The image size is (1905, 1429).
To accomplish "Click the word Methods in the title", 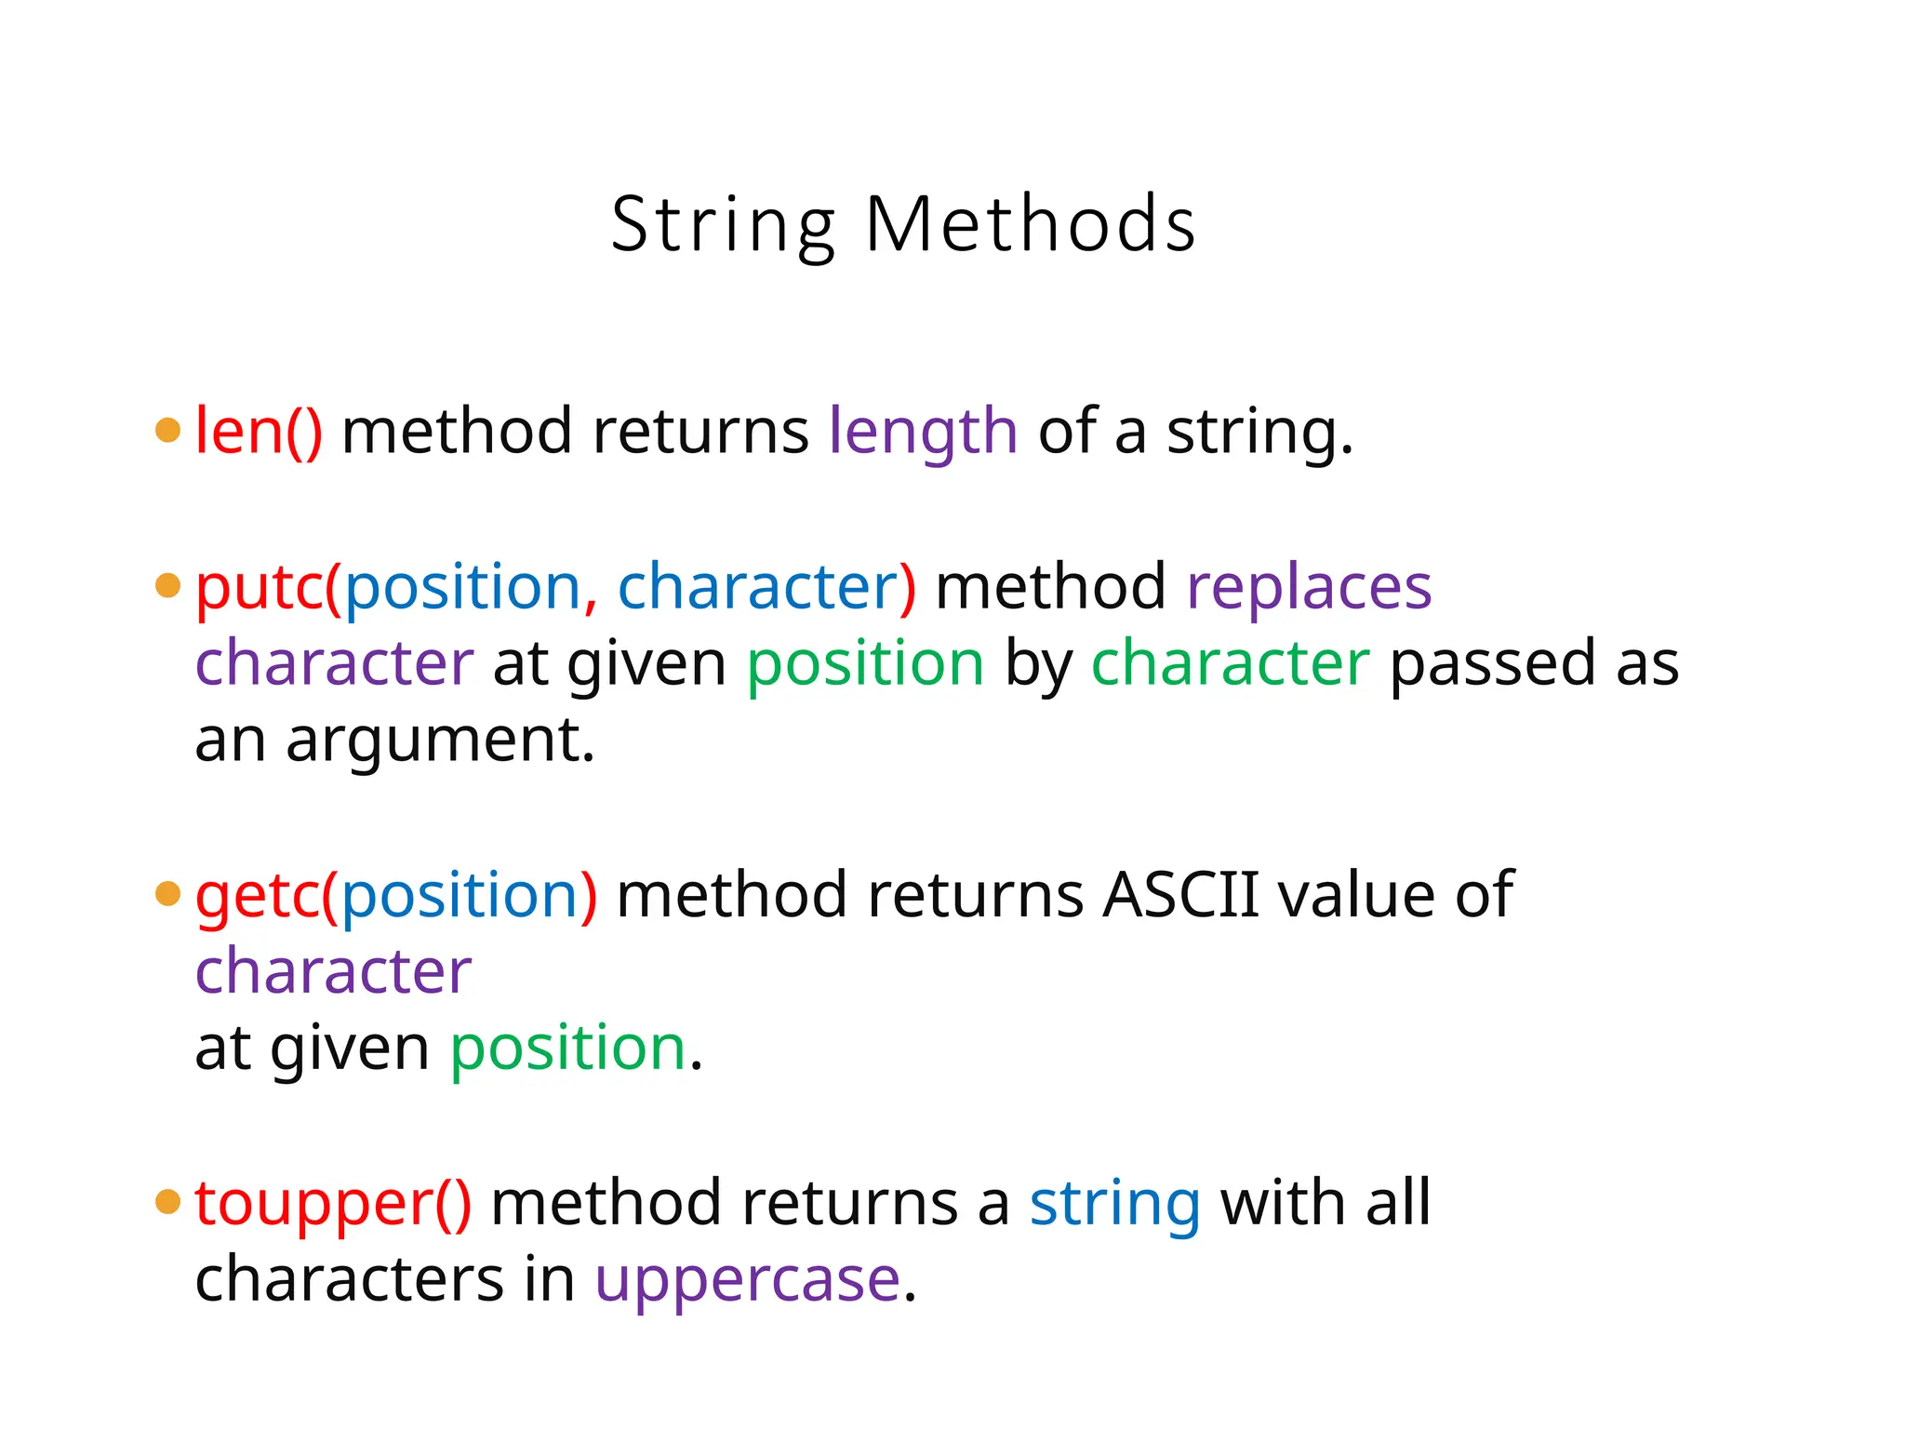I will tap(1030, 224).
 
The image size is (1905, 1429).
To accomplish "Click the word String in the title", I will tap(724, 226).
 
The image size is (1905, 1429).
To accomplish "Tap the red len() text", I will tap(259, 432).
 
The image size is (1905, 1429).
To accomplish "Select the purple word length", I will tap(923, 434).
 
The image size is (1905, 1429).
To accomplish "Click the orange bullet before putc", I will tap(167, 586).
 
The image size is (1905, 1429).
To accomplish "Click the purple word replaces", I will tap(1309, 588).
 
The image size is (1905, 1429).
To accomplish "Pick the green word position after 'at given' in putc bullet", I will tap(865, 664).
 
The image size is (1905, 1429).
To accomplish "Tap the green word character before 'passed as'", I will tap(1230, 663).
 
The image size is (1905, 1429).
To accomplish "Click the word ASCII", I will tap(1180, 895).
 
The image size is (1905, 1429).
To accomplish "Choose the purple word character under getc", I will tap(333, 971).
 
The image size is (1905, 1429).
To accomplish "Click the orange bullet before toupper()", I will tap(167, 1201).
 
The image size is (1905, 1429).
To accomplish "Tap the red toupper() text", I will tap(333, 1204).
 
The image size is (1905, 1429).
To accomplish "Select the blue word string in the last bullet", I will tap(1114, 1205).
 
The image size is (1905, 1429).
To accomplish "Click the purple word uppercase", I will tap(748, 1281).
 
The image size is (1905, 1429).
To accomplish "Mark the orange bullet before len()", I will tap(167, 430).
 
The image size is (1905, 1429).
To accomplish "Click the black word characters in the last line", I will tap(350, 1279).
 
